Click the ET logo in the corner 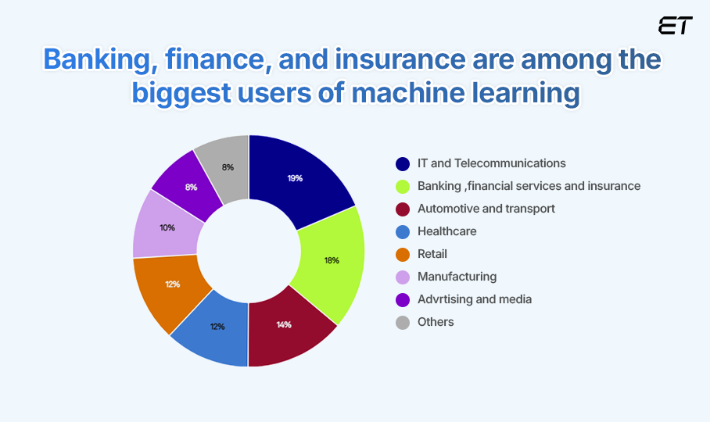click(x=675, y=26)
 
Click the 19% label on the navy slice click(x=295, y=178)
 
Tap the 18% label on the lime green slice click(x=332, y=260)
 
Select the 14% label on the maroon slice click(x=284, y=324)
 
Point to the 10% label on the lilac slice click(x=167, y=228)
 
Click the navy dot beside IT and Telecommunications click(x=403, y=164)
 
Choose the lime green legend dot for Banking click(x=403, y=187)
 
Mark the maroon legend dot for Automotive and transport click(x=403, y=209)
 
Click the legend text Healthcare click(x=446, y=231)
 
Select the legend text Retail click(x=432, y=254)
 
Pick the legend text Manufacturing click(x=457, y=277)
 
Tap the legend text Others click(x=436, y=322)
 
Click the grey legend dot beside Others click(x=403, y=322)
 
